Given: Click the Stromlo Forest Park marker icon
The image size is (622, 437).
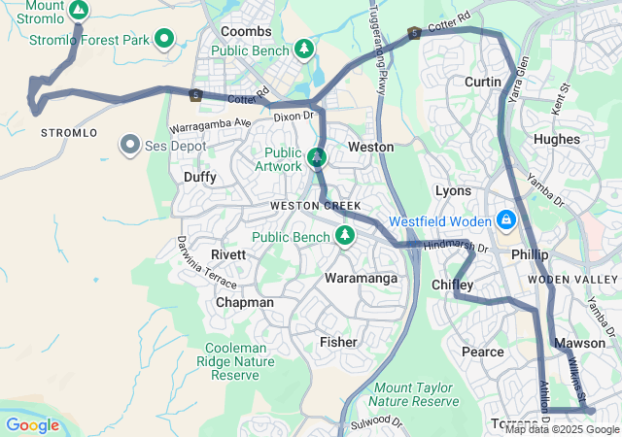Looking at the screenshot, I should pyautogui.click(x=164, y=39).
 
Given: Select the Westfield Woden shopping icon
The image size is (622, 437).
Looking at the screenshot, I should pyautogui.click(x=505, y=220).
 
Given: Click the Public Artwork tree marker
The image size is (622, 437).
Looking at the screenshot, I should pyautogui.click(x=317, y=156).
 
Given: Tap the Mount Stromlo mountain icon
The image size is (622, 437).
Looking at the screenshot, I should pyautogui.click(x=79, y=11).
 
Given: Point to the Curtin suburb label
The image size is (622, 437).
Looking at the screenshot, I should pyautogui.click(x=483, y=82).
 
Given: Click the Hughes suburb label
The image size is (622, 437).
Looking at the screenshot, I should pyautogui.click(x=557, y=139).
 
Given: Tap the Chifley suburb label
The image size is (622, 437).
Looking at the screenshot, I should pyautogui.click(x=452, y=285).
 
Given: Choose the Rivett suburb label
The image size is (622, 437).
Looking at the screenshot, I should pyautogui.click(x=228, y=253).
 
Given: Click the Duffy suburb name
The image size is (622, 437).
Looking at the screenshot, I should pyautogui.click(x=200, y=177).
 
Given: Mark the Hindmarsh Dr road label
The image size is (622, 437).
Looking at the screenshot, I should pyautogui.click(x=457, y=247).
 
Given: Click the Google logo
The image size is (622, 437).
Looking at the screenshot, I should pyautogui.click(x=32, y=424).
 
